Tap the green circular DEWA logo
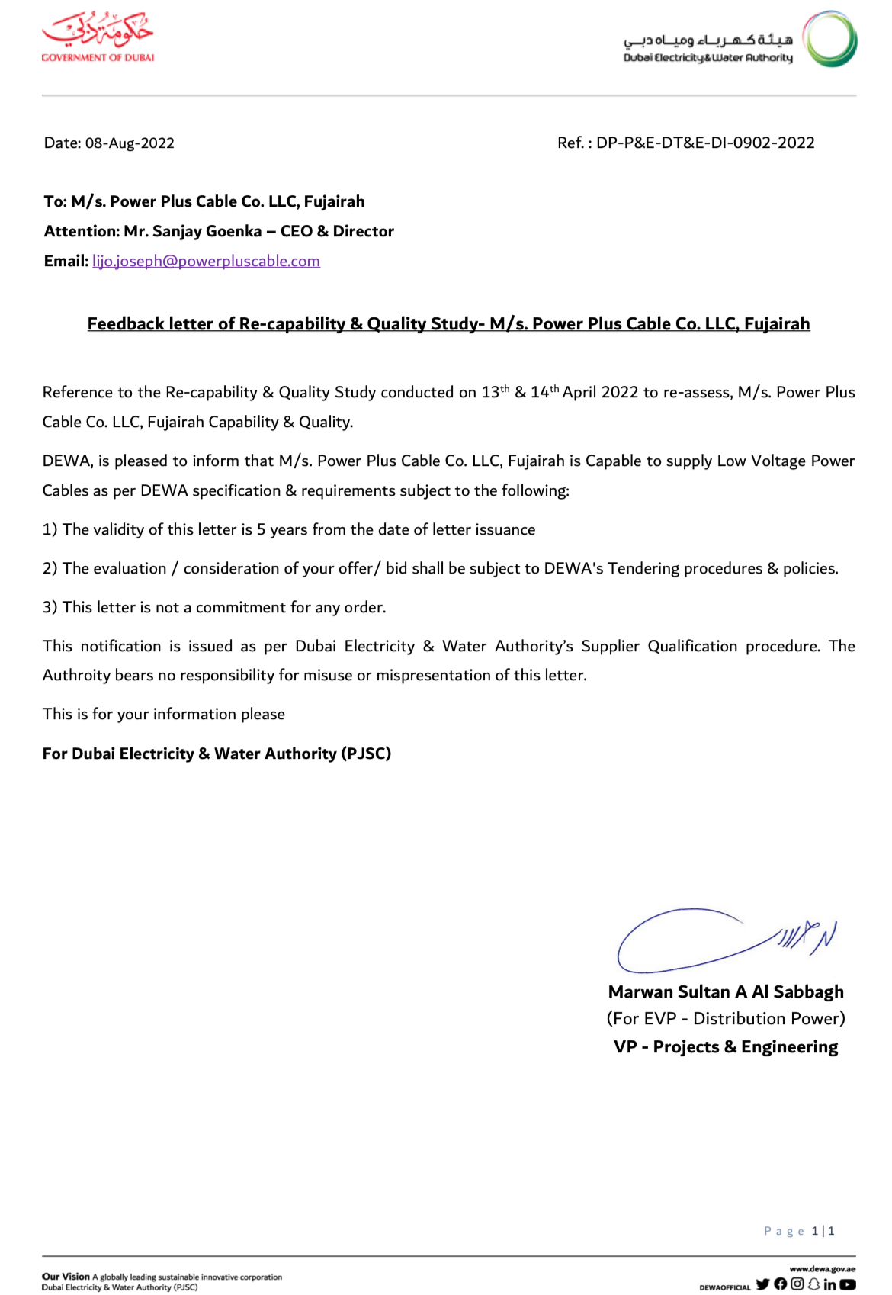click(830, 39)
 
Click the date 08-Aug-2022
click(130, 143)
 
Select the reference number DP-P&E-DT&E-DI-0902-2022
click(705, 143)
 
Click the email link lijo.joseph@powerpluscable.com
click(206, 261)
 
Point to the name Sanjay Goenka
click(207, 231)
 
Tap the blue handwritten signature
click(724, 940)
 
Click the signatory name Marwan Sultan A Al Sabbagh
click(726, 991)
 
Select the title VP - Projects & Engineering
click(726, 1046)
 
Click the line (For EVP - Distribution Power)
click(726, 1019)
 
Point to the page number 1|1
click(823, 1231)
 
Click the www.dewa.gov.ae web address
click(822, 1269)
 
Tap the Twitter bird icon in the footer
click(762, 1284)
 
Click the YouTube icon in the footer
click(848, 1284)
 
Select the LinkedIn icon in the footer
click(829, 1284)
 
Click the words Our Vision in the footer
click(66, 1277)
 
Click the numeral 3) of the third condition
click(50, 608)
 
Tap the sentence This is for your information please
click(164, 715)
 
